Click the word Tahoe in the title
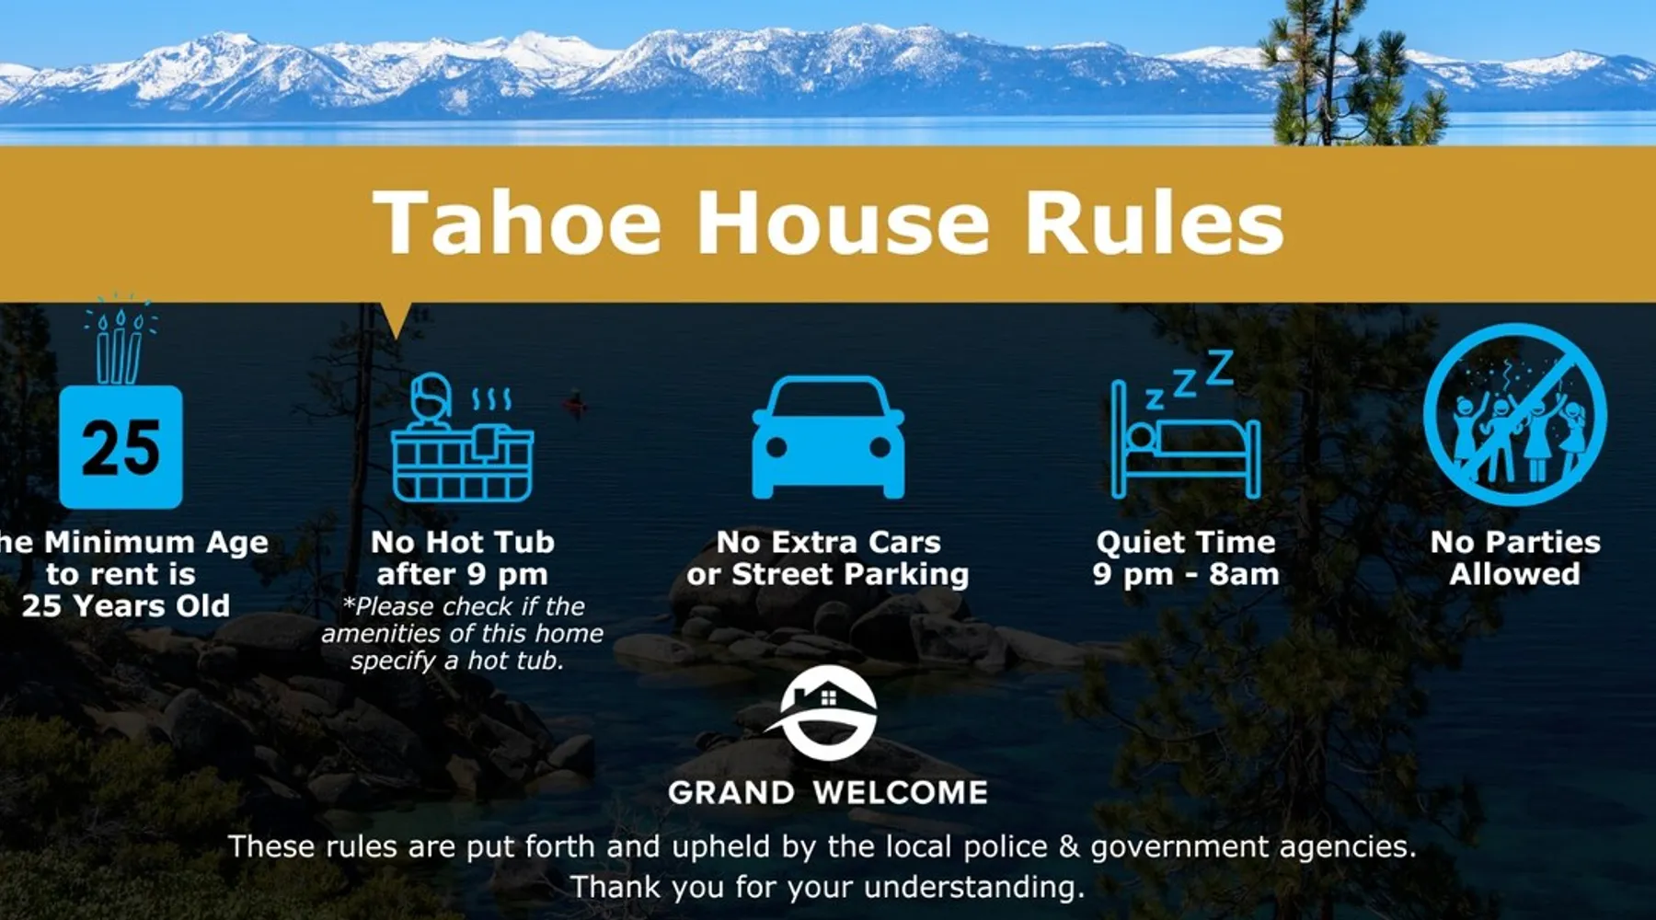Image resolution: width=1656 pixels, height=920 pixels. click(x=517, y=222)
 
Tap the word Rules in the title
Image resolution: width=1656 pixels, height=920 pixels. click(x=1155, y=222)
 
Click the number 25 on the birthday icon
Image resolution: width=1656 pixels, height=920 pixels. click(x=121, y=448)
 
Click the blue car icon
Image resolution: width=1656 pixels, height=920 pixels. click(x=828, y=437)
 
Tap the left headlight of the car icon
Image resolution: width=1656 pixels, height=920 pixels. click(x=776, y=448)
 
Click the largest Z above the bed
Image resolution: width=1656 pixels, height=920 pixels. click(x=1219, y=367)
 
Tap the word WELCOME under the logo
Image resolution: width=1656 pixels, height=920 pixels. click(x=900, y=792)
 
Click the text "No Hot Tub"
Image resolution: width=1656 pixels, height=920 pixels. click(x=463, y=542)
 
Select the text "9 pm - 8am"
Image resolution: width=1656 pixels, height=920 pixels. click(x=1186, y=574)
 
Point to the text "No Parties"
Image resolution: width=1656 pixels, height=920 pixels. click(x=1515, y=542)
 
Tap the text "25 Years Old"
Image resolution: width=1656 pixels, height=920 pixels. click(x=126, y=605)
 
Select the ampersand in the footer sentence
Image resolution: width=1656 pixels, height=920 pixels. click(x=1069, y=846)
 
